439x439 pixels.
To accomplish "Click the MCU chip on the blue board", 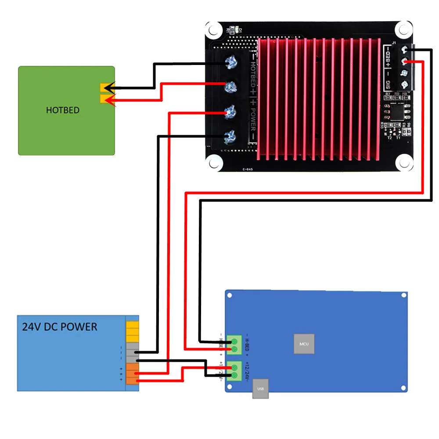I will click(304, 343).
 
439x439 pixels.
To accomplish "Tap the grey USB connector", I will click(260, 389).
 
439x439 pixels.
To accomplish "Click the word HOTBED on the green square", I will click(63, 110).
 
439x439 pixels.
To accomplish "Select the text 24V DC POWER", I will click(60, 327).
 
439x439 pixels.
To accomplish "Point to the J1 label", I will click(394, 43).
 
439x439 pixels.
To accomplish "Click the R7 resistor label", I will click(388, 94).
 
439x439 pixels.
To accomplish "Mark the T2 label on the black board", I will click(389, 137).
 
